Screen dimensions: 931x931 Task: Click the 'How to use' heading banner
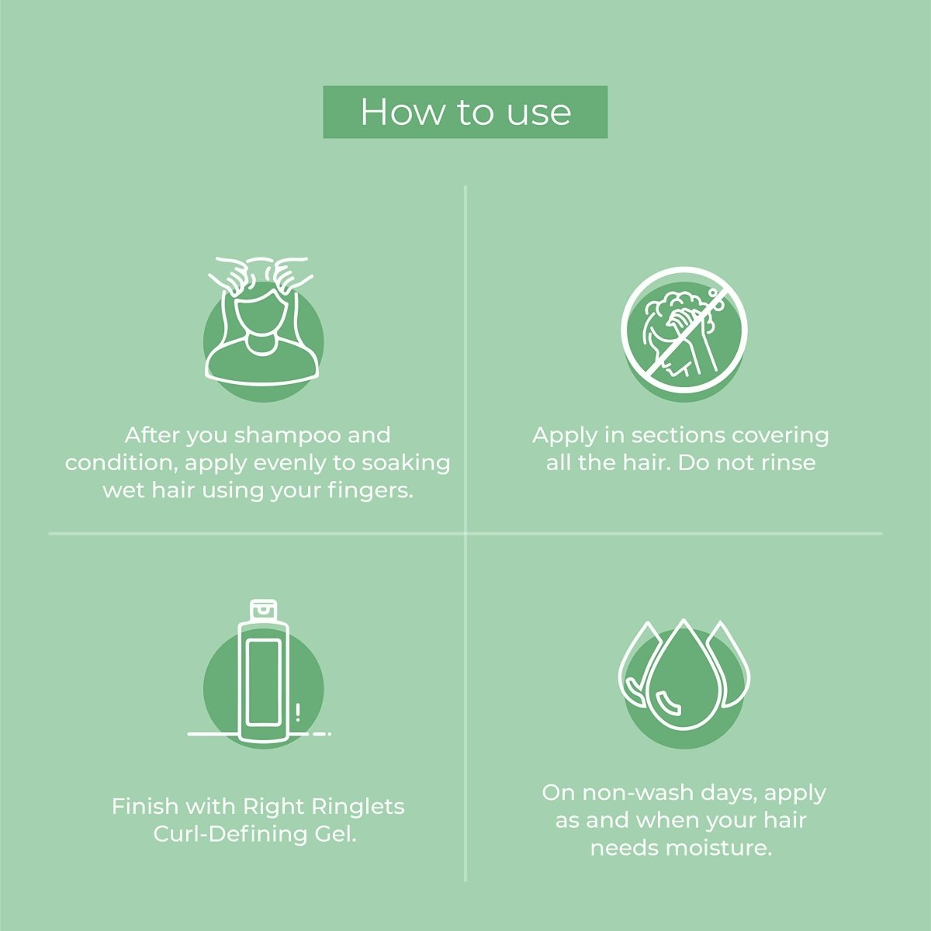465,112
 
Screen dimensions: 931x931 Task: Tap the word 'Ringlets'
358,807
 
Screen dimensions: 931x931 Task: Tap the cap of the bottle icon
264,611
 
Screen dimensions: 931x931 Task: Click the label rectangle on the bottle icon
263,683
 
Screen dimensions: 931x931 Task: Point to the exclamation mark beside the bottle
298,713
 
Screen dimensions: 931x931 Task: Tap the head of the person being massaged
263,315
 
